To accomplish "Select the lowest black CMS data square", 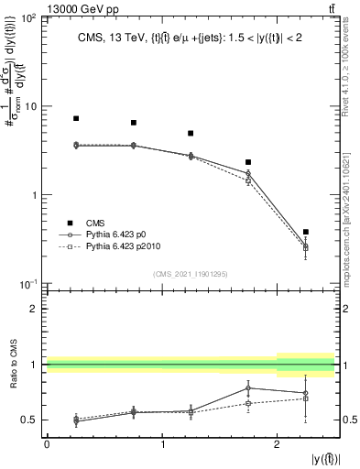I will point(306,232).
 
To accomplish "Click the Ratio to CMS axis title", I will point(12,365).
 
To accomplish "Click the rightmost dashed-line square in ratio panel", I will point(306,398).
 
